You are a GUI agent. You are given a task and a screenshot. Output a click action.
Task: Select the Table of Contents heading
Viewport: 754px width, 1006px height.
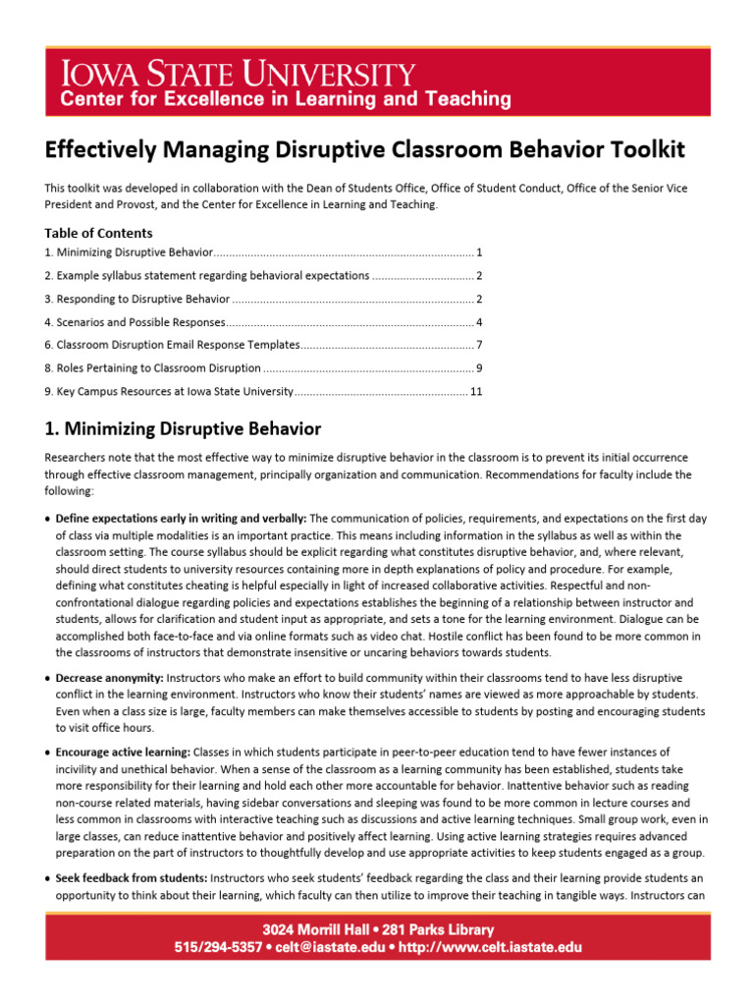point(98,233)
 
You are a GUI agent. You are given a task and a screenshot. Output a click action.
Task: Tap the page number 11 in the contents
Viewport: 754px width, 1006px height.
point(476,391)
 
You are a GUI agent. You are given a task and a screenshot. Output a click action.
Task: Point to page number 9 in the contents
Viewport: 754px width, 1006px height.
point(478,368)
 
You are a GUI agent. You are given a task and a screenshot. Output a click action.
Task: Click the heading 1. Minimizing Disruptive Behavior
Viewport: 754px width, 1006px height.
point(183,428)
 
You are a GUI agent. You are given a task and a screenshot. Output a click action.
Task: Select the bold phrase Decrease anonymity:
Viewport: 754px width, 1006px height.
point(110,678)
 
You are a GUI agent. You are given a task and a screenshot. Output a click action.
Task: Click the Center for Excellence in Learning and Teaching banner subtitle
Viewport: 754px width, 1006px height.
point(285,99)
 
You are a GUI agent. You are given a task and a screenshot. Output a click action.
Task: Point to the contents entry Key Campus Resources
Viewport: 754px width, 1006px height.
point(169,391)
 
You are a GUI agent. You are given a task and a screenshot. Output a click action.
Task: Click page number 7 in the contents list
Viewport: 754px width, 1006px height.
point(478,345)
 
